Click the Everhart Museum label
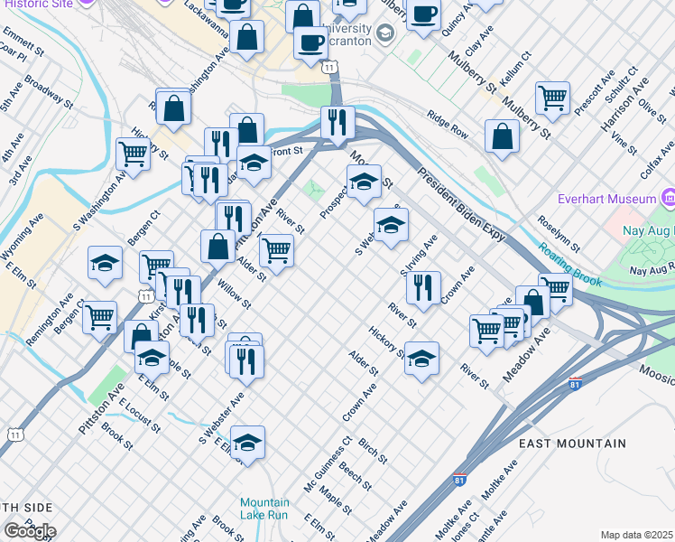tap(612, 199)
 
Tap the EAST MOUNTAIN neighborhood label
tap(572, 444)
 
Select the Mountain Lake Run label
tap(264, 509)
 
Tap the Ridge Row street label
tap(448, 125)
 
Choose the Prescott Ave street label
tap(594, 92)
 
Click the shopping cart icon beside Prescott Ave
tap(552, 97)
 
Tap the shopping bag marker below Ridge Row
tap(502, 136)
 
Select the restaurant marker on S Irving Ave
tap(423, 287)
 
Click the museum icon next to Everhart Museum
tap(669, 198)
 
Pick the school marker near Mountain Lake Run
tap(247, 442)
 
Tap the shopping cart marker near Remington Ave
tap(99, 317)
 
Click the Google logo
tap(30, 530)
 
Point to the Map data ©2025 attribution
tap(636, 535)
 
